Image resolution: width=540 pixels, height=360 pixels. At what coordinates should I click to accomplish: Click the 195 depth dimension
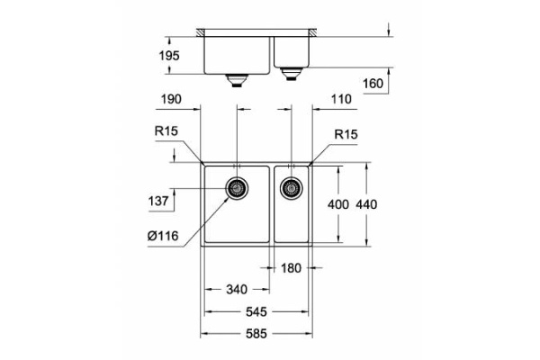(x=169, y=56)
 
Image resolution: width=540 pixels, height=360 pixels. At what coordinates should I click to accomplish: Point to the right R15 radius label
(x=346, y=134)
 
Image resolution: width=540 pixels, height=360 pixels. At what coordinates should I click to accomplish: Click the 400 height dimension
(x=337, y=204)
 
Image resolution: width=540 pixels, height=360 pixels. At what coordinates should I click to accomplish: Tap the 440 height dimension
(x=367, y=204)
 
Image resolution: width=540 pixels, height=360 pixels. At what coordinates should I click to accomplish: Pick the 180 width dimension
(x=291, y=267)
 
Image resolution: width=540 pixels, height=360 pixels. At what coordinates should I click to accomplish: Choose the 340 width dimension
(x=236, y=290)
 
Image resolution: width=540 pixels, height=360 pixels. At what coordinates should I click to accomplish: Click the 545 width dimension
(x=256, y=312)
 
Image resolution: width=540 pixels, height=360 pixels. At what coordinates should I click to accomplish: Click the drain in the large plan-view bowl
(x=237, y=189)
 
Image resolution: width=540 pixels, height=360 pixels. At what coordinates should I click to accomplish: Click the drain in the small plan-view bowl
(x=291, y=189)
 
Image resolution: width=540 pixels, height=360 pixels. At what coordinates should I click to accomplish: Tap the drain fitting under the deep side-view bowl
(x=237, y=80)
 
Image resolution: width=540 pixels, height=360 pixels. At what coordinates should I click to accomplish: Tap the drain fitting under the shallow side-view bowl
(x=291, y=71)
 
